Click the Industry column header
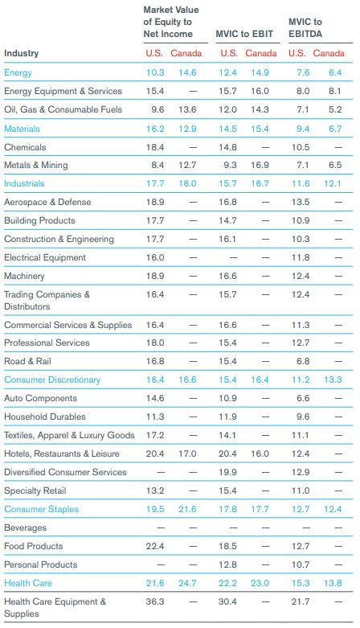click(x=21, y=53)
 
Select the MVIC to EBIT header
click(x=244, y=34)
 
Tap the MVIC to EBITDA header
click(x=305, y=27)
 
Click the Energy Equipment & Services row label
click(x=63, y=92)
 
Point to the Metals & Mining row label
click(x=36, y=165)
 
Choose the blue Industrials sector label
click(x=24, y=183)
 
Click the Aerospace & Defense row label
click(x=47, y=202)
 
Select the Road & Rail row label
click(x=27, y=361)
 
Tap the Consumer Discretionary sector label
click(x=52, y=380)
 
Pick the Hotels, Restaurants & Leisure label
click(x=62, y=454)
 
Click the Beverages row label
click(x=25, y=527)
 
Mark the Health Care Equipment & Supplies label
click(x=55, y=608)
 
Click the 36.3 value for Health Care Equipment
click(x=155, y=601)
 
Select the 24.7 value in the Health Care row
click(x=187, y=583)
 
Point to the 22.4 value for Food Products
click(x=155, y=546)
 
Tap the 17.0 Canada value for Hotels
click(x=187, y=454)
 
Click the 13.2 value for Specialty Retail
click(x=155, y=490)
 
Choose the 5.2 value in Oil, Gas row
click(x=335, y=109)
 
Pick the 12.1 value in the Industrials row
click(x=333, y=183)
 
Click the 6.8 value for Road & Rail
click(x=303, y=361)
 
